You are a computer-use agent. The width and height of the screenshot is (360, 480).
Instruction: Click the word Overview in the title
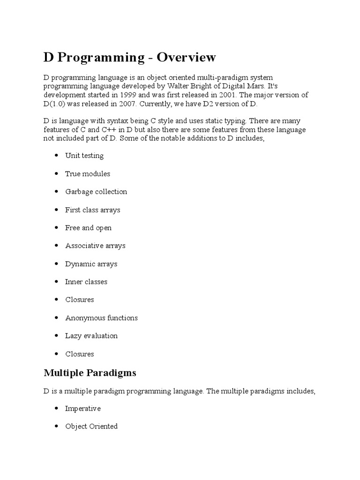tap(187, 57)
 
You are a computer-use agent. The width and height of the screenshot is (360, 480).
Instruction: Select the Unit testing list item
tap(84, 156)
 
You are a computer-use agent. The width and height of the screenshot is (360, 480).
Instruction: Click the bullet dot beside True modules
tap(56, 173)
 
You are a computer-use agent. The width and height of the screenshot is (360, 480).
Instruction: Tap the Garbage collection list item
tap(96, 192)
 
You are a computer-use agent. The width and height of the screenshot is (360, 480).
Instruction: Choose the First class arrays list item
tap(93, 210)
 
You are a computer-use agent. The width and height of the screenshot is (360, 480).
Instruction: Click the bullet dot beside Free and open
tap(56, 227)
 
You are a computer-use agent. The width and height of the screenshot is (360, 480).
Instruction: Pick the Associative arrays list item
tap(95, 246)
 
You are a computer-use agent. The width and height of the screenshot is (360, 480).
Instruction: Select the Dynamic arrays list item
tap(91, 264)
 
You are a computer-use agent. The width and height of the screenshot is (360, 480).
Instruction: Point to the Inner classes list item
tap(86, 282)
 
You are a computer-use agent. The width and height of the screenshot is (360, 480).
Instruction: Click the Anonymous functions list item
tap(102, 318)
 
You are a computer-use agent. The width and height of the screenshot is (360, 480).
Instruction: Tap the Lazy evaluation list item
tap(91, 336)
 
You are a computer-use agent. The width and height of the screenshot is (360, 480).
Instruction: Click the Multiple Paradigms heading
tap(90, 373)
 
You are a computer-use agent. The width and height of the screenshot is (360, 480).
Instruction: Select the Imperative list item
tap(83, 408)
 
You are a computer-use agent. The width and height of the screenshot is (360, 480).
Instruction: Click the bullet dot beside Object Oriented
tap(56, 426)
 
